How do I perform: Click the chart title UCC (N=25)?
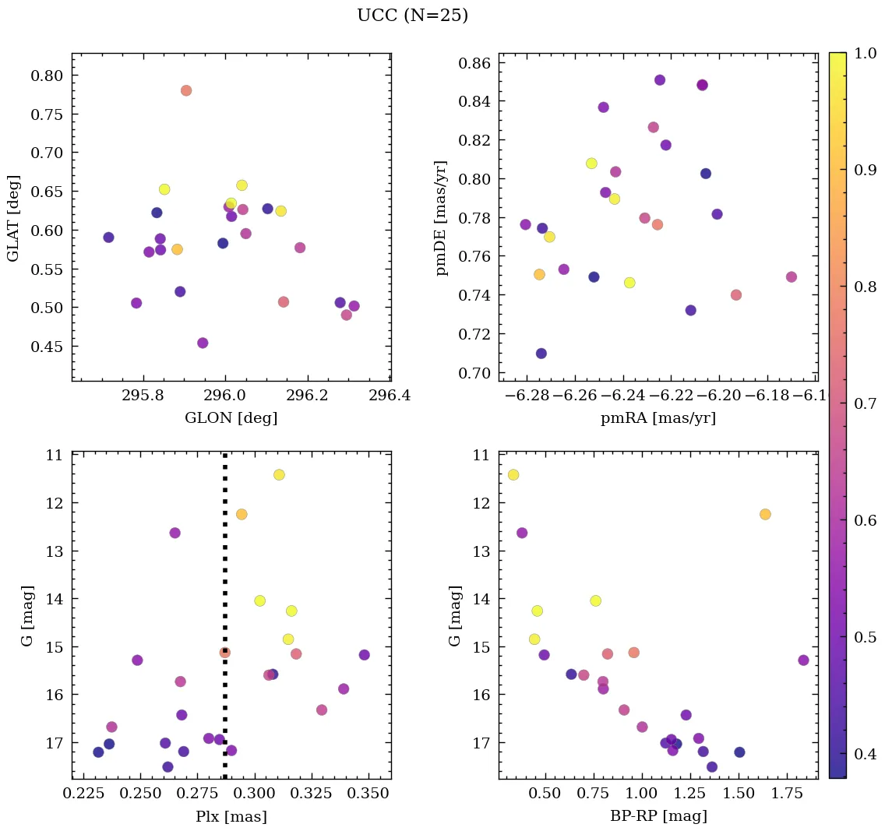coord(412,16)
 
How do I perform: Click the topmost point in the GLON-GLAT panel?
coord(186,90)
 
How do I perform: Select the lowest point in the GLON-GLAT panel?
coord(203,343)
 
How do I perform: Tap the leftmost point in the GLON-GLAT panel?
coord(108,238)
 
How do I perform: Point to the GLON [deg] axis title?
coord(231,418)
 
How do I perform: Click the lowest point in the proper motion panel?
coord(541,354)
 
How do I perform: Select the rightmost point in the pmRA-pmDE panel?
coord(792,277)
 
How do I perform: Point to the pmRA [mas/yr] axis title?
coord(658,418)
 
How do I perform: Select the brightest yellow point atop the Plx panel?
coord(279,475)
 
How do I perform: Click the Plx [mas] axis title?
coord(231,816)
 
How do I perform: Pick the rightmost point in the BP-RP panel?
coord(803,660)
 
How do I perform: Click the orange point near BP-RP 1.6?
coord(765,514)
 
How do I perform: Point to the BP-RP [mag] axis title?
coord(658,816)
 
